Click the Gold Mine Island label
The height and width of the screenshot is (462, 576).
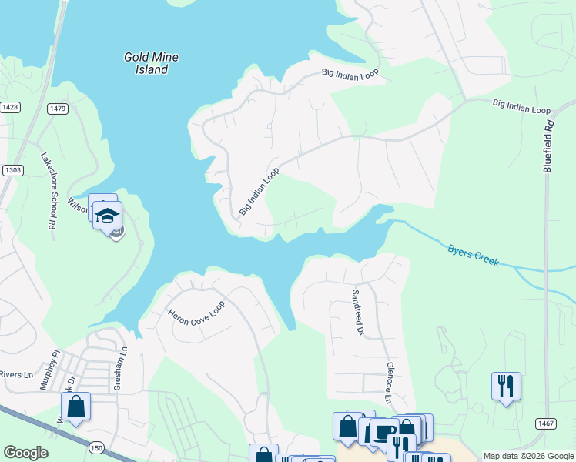146,63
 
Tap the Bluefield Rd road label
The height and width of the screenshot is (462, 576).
548,146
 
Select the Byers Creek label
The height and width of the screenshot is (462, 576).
473,255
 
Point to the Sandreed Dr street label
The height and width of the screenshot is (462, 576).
357,313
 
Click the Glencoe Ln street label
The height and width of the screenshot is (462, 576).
390,384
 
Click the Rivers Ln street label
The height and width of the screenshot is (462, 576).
17,375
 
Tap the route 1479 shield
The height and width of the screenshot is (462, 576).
57,109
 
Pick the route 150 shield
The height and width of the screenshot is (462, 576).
96,447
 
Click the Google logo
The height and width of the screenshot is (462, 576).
25,453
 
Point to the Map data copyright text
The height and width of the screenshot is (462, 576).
528,456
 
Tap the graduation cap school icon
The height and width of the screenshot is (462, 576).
108,215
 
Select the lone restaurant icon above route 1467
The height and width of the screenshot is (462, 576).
506,385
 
